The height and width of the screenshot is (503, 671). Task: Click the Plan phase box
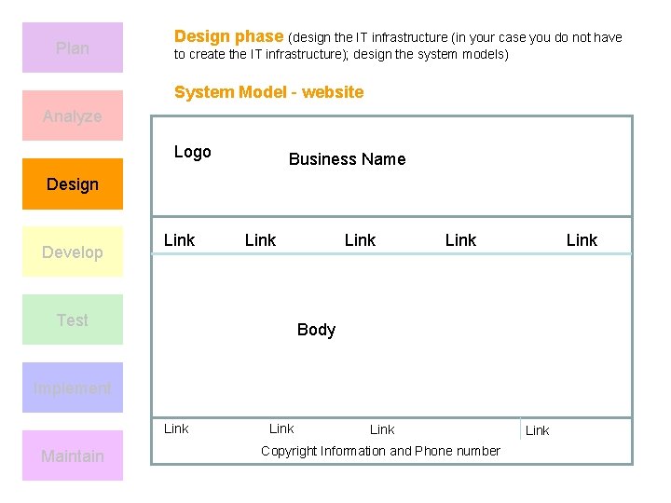tap(73, 48)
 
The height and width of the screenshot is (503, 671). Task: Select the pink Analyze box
tap(73, 116)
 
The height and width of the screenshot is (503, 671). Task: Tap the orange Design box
tap(73, 184)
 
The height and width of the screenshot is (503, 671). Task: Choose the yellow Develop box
tap(73, 251)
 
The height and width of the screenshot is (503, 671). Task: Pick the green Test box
tap(73, 319)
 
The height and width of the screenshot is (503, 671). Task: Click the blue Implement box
tap(73, 387)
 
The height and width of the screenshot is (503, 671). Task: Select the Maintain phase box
tap(73, 455)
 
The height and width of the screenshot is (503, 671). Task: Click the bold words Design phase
tap(228, 36)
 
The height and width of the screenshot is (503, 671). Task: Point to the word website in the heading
tap(333, 92)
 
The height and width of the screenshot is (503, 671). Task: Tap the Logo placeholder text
tap(193, 152)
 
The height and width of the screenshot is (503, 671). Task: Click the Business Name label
tap(347, 159)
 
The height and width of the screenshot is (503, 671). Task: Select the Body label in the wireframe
tap(316, 329)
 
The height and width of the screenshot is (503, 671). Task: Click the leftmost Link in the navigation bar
tap(179, 240)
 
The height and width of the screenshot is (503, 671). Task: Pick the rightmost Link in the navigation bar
tap(582, 240)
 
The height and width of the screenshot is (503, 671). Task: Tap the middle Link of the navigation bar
tap(360, 240)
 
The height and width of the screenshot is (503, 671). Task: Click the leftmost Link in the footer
tap(176, 428)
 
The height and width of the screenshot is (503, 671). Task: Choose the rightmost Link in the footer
tap(538, 430)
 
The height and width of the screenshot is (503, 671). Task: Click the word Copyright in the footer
tap(289, 451)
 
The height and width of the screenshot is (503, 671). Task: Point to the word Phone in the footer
tap(432, 451)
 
